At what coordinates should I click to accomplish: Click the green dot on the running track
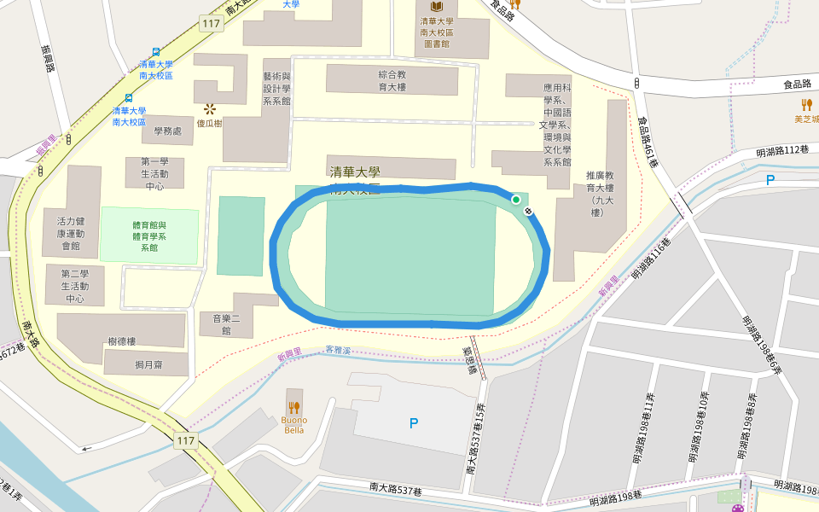515,200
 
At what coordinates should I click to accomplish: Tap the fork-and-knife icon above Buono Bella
293,407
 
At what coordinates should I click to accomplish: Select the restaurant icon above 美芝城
806,104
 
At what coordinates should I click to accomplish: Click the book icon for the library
436,7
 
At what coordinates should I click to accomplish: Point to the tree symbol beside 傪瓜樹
209,108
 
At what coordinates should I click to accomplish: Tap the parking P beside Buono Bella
414,422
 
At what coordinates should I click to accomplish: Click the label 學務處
168,131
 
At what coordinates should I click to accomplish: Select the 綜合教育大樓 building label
392,80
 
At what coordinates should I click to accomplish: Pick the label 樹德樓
122,341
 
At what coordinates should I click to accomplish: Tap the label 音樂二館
215,324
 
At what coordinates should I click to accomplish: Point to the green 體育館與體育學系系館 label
149,236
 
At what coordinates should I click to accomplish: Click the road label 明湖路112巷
781,150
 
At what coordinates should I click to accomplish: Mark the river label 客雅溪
339,351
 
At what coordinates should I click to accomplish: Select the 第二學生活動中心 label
74,286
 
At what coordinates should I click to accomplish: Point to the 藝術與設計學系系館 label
276,88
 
